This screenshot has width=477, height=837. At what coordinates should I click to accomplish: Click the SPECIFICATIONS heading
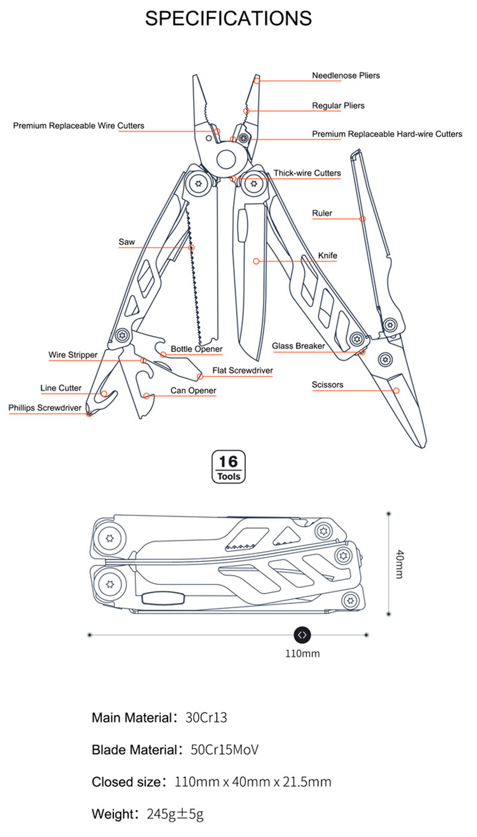228,18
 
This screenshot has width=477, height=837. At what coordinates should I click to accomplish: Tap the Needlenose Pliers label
346,76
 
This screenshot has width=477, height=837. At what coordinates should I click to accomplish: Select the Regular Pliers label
338,105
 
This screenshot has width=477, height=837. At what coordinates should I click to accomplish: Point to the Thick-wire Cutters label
307,173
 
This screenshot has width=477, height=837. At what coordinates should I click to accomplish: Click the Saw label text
126,242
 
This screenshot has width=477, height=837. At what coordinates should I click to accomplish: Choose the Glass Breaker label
298,346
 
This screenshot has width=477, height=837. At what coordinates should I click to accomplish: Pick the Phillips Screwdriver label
45,408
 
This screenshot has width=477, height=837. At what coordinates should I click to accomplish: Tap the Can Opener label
193,391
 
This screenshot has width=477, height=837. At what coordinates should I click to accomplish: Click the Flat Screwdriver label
242,371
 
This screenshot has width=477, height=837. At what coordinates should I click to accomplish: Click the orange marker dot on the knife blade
256,261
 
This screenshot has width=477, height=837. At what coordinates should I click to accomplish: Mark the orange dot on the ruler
362,219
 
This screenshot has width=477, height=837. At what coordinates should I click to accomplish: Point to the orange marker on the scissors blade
396,390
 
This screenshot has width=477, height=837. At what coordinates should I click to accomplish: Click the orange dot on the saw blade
191,247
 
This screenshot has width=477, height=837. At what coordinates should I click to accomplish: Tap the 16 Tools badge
228,466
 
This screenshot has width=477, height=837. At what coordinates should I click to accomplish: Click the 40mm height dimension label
399,564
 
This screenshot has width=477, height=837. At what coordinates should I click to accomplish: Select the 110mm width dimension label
302,654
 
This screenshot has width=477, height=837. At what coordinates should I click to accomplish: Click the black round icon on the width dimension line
302,635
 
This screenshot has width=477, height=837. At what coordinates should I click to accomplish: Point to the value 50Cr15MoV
225,749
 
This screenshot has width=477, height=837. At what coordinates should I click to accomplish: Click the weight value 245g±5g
175,814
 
